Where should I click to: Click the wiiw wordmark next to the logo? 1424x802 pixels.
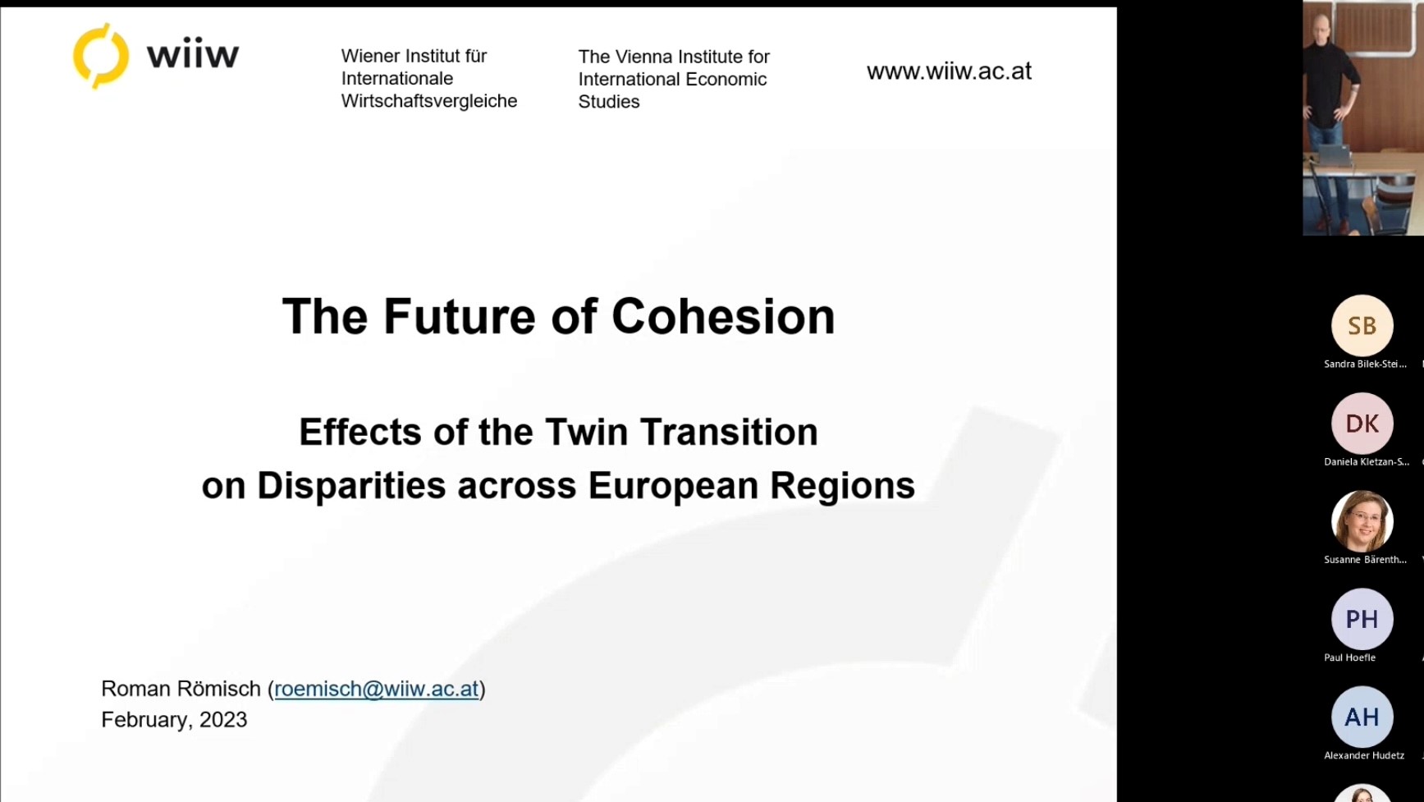tap(193, 56)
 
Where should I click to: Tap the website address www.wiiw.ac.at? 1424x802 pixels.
tap(949, 71)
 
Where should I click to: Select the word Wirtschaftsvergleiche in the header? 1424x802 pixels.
tap(429, 101)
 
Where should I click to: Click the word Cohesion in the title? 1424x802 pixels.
tap(723, 316)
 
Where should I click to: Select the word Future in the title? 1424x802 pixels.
tap(460, 316)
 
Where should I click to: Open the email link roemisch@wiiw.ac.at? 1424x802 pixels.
tap(377, 689)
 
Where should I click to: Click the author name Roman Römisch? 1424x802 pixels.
tap(181, 689)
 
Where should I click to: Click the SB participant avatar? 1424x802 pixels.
tap(1362, 326)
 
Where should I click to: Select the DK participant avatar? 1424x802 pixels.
tap(1362, 424)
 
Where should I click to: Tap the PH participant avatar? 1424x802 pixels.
tap(1362, 619)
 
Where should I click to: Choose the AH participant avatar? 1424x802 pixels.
tap(1362, 717)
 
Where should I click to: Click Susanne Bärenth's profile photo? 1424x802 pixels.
tap(1362, 521)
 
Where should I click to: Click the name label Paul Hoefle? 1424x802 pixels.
tap(1350, 658)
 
